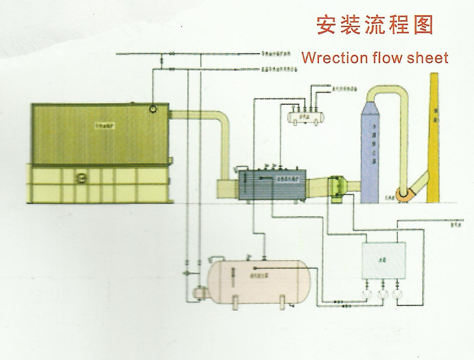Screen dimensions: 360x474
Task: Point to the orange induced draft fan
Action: (402, 193)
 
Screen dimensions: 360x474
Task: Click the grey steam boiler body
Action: (273, 183)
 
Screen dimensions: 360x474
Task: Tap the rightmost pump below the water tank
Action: (397, 294)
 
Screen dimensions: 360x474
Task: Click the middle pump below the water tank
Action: (382, 294)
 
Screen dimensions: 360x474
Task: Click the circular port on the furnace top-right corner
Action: (153, 110)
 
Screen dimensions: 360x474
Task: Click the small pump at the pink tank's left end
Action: (196, 291)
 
